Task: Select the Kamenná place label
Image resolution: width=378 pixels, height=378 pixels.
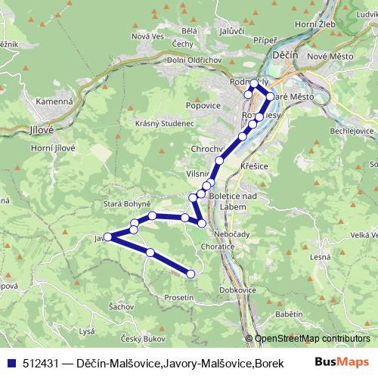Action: point(53,101)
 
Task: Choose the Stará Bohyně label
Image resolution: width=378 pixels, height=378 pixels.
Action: point(128,204)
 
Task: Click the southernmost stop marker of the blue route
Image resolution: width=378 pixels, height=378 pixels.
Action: point(191,274)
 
